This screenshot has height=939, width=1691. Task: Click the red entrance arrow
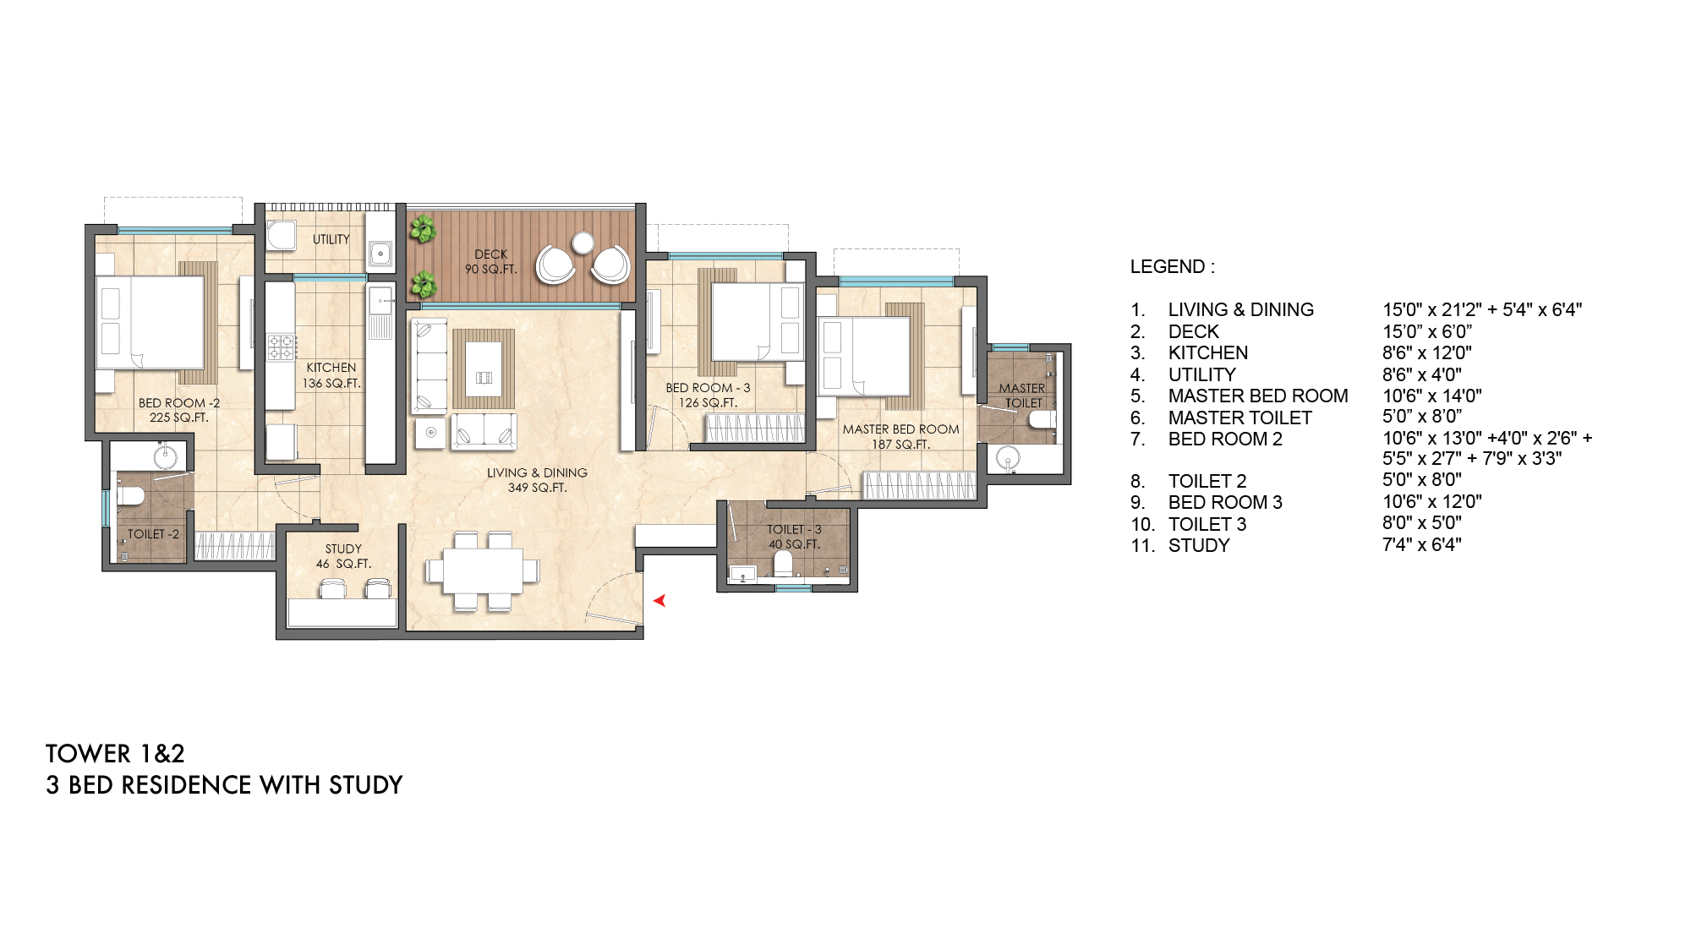[x=659, y=601]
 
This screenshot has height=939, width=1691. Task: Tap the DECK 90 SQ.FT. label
[x=490, y=261]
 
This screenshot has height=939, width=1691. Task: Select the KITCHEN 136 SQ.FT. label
[x=331, y=375]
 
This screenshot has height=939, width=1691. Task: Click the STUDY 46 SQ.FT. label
[x=343, y=556]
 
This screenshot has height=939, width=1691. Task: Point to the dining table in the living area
[x=483, y=571]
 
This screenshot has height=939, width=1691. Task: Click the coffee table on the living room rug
[x=484, y=369]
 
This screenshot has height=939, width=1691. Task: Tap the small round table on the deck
[x=583, y=243]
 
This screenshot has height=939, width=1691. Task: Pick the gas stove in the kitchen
[x=282, y=347]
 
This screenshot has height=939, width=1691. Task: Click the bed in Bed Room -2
[x=150, y=322]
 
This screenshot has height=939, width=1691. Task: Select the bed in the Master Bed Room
[x=864, y=356]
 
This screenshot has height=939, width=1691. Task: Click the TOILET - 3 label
[x=794, y=537]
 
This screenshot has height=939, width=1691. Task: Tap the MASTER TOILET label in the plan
[x=1022, y=396]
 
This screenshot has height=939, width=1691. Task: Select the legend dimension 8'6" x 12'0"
[x=1426, y=352]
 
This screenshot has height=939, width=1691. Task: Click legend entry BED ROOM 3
[x=1225, y=502]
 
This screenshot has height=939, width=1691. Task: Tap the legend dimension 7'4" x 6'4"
[x=1421, y=545]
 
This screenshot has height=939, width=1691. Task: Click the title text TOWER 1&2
[x=115, y=753]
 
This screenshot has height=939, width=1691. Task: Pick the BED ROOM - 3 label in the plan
[x=708, y=395]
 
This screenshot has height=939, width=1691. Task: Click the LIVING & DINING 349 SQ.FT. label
[x=537, y=480]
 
